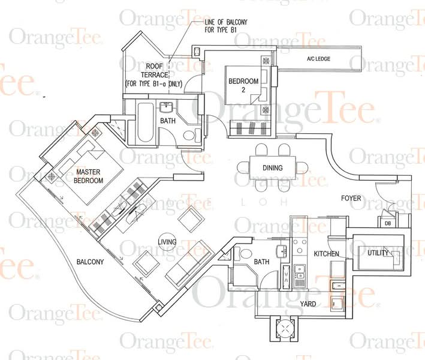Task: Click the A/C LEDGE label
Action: pos(318,59)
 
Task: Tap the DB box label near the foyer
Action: pos(388,224)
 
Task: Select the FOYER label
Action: pos(351,199)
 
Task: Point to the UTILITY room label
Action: pos(378,253)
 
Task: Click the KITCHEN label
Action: pos(326,254)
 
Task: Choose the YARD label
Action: pos(308,304)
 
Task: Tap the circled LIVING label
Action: pos(167,241)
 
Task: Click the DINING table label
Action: pos(272,168)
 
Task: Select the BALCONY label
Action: pos(91,262)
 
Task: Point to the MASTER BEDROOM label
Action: pos(88,176)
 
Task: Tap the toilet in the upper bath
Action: pos(192,135)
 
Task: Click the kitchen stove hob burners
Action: pos(300,247)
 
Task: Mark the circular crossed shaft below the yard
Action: pos(284,329)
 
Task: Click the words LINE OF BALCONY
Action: pos(226,22)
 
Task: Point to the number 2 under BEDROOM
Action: pos(243,90)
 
